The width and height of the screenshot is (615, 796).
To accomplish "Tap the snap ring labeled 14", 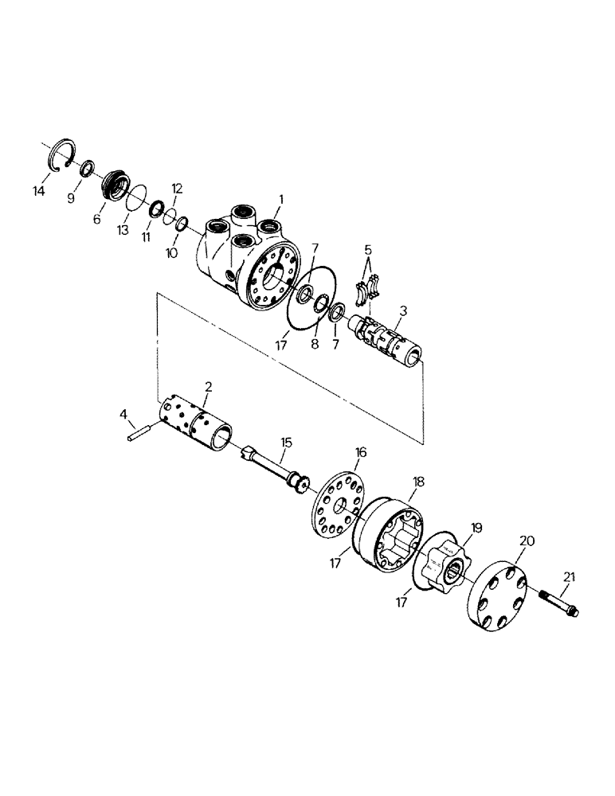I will click(x=62, y=154).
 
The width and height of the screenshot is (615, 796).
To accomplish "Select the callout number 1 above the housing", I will click(x=280, y=197).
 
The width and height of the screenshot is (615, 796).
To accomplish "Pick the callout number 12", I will click(x=177, y=189).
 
